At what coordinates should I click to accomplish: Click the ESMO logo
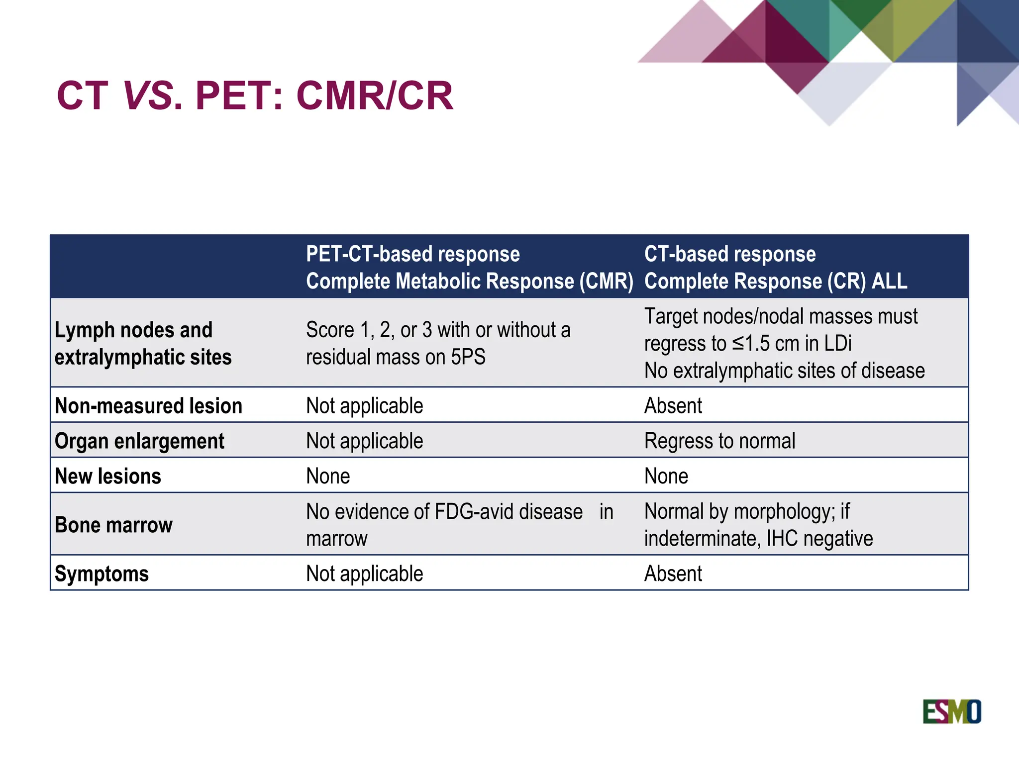pos(951,711)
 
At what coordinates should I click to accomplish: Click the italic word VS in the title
pos(148,95)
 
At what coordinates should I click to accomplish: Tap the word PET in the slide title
pos(233,95)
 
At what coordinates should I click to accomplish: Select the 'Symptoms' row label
pos(102,573)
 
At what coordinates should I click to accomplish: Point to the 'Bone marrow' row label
pos(113,525)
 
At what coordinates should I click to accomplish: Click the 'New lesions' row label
pos(108,476)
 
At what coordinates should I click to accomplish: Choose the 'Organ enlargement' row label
pos(139,441)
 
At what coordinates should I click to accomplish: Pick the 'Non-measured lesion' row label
pos(148,406)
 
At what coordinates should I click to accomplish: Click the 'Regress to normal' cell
pos(719,441)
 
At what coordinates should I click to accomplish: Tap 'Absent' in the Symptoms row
pos(673,573)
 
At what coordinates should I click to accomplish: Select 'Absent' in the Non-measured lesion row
pos(673,406)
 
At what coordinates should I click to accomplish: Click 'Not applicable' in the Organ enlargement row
pos(364,441)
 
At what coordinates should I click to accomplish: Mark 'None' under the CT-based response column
pos(666,476)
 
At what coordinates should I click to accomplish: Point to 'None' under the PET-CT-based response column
pos(328,476)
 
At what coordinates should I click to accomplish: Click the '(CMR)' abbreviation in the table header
pos(606,281)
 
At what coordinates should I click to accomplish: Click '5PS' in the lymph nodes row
pos(468,357)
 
